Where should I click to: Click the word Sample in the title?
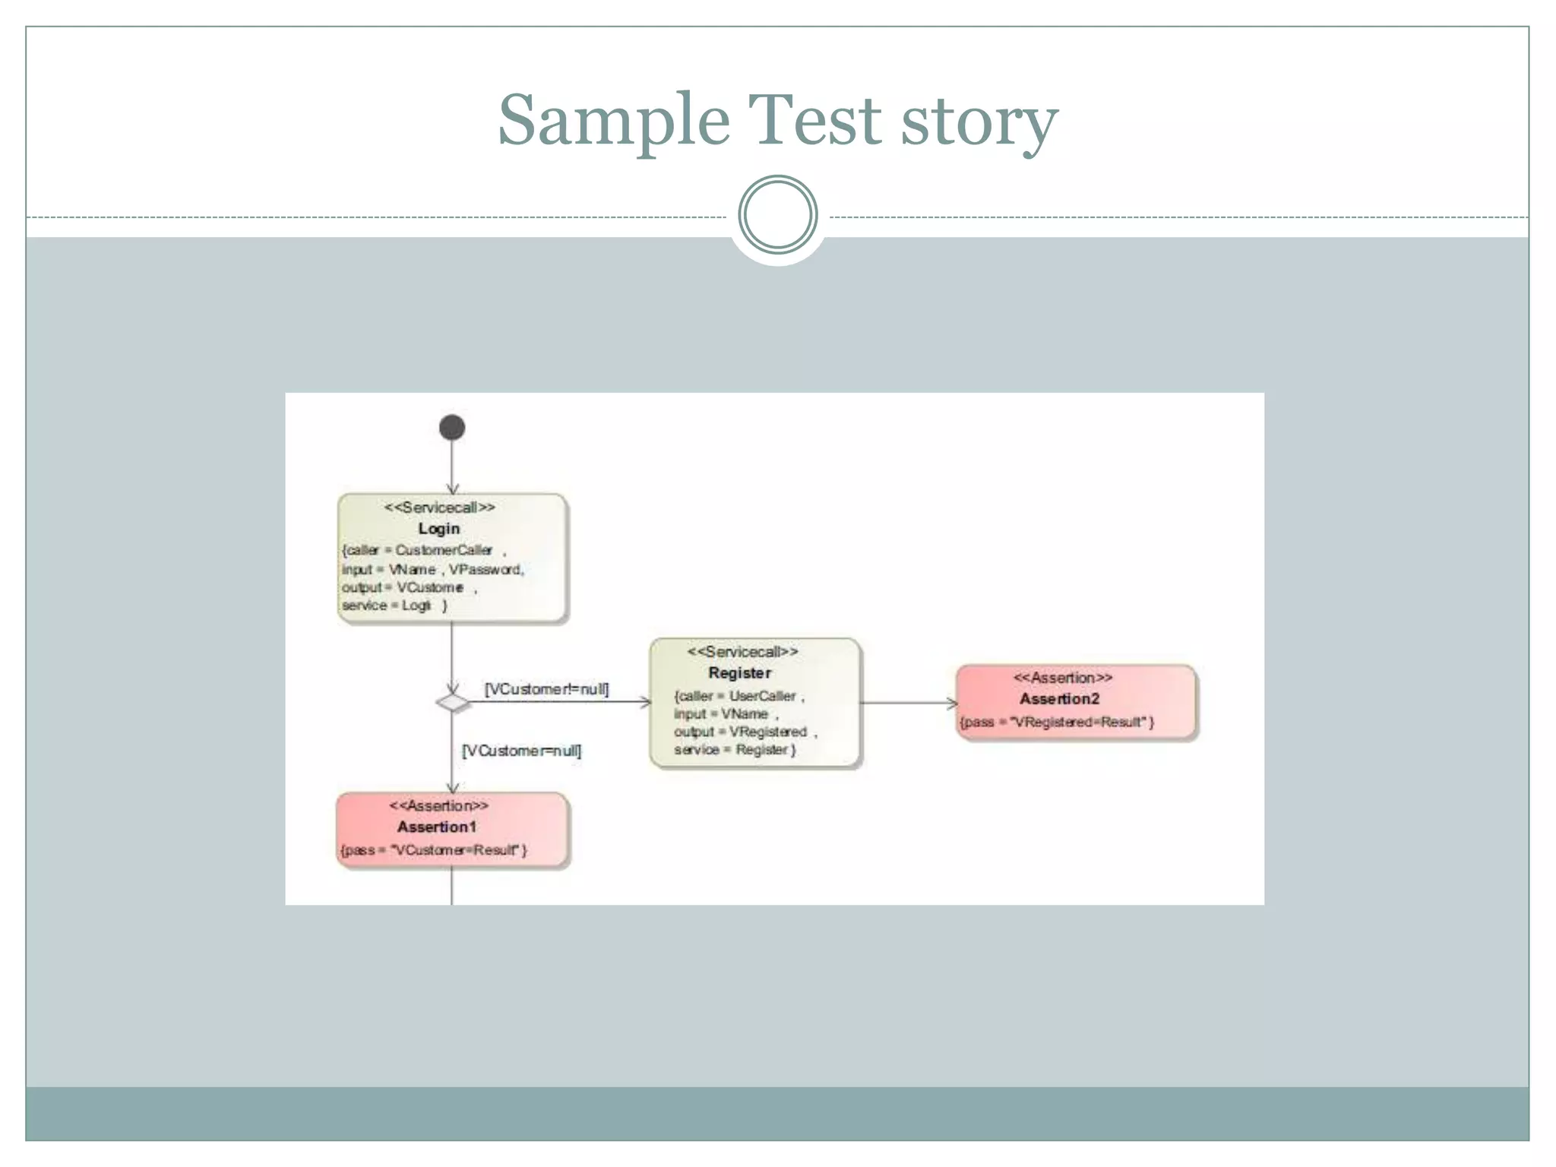(x=614, y=122)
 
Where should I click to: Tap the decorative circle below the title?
(x=777, y=215)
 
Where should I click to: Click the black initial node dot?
(x=452, y=427)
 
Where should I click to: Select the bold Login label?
(x=439, y=528)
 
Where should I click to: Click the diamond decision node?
(x=453, y=702)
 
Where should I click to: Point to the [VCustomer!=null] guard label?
(x=546, y=689)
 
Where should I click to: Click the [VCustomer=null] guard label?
(x=522, y=751)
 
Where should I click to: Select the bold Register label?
(x=739, y=672)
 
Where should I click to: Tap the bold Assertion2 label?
(x=1059, y=698)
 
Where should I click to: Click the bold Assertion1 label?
(x=437, y=827)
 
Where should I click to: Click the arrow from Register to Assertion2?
(x=908, y=703)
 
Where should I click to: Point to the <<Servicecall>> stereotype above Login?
(x=439, y=507)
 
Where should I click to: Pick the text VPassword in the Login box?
(x=485, y=569)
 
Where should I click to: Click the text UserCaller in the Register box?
(x=762, y=696)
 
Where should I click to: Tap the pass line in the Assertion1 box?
(x=434, y=849)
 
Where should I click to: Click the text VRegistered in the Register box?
(x=767, y=732)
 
